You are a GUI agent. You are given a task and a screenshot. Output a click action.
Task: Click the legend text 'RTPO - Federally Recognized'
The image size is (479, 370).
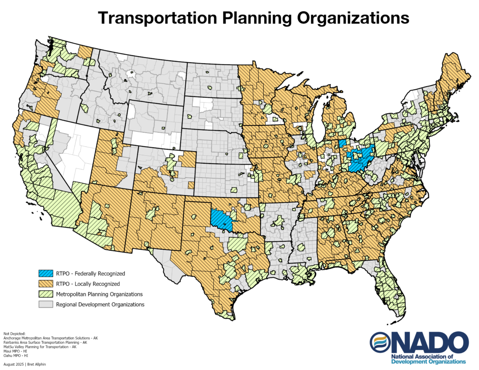(90, 273)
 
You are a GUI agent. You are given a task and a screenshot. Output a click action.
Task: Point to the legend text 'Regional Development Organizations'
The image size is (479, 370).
(100, 305)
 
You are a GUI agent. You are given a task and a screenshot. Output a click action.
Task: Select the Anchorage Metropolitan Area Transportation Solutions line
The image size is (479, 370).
(51, 337)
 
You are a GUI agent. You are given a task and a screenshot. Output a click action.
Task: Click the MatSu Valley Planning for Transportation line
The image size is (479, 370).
(40, 347)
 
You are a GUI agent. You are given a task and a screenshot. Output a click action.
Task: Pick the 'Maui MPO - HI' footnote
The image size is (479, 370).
(15, 351)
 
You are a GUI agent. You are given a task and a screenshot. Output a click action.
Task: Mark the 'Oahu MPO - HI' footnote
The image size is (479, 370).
(16, 356)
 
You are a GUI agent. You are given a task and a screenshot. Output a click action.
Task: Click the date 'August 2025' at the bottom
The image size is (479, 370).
(13, 363)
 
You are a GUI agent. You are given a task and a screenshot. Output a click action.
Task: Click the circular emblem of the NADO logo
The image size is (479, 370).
(379, 343)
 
